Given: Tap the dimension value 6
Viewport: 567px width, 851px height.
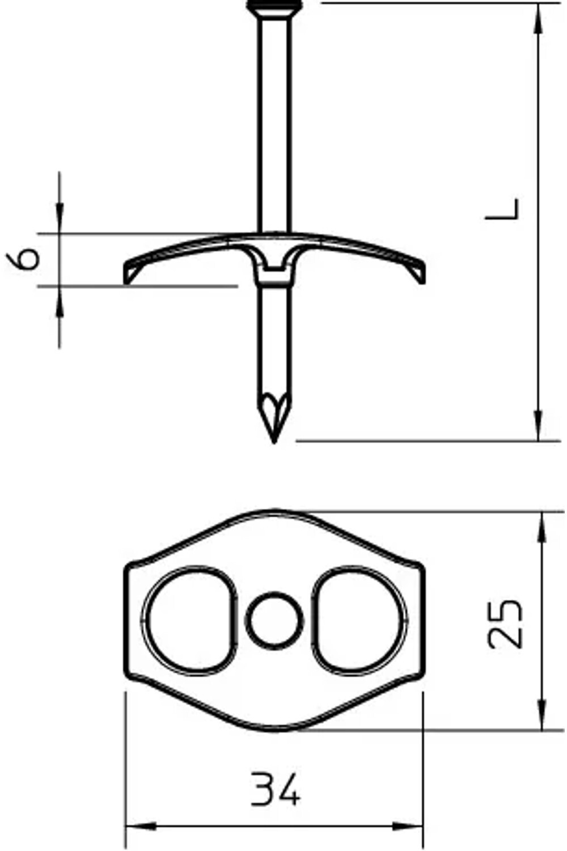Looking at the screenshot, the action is [23, 259].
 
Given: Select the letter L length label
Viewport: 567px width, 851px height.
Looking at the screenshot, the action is [502, 209].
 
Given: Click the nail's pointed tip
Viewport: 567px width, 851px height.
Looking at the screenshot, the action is [274, 443].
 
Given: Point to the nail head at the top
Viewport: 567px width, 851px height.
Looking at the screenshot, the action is [275, 5].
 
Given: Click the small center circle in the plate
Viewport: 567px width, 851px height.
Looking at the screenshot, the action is [274, 621].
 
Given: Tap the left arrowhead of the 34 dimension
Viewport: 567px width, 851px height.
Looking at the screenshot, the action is [141, 826].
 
